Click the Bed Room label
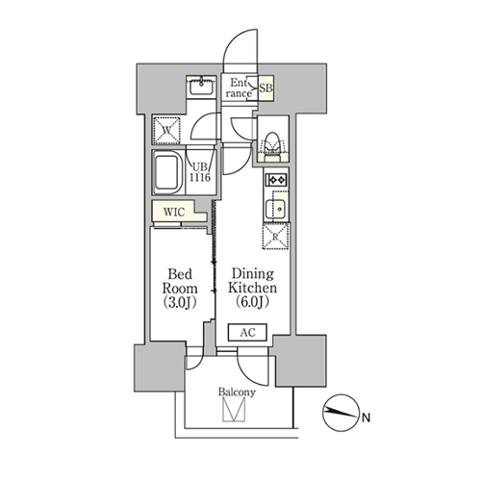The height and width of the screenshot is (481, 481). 180,281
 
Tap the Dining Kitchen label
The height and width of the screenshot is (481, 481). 252,281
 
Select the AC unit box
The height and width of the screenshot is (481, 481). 247,333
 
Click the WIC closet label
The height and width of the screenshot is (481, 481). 174,212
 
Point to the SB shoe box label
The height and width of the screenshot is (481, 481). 266,88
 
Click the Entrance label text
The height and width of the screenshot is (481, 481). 239,89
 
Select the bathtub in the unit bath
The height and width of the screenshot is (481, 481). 168,172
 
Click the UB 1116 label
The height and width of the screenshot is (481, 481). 200,172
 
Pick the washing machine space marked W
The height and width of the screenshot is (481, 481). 166,131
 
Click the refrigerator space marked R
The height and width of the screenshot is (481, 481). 275,237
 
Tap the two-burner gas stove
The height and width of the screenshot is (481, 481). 276,180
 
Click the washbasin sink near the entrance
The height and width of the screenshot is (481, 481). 201,87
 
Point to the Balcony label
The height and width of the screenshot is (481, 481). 237,392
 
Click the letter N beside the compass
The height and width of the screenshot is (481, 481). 366,418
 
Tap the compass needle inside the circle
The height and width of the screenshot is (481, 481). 341,412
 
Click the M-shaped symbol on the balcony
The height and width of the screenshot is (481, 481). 234,410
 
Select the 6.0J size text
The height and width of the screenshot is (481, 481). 252,302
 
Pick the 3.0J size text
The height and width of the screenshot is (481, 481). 180,302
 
